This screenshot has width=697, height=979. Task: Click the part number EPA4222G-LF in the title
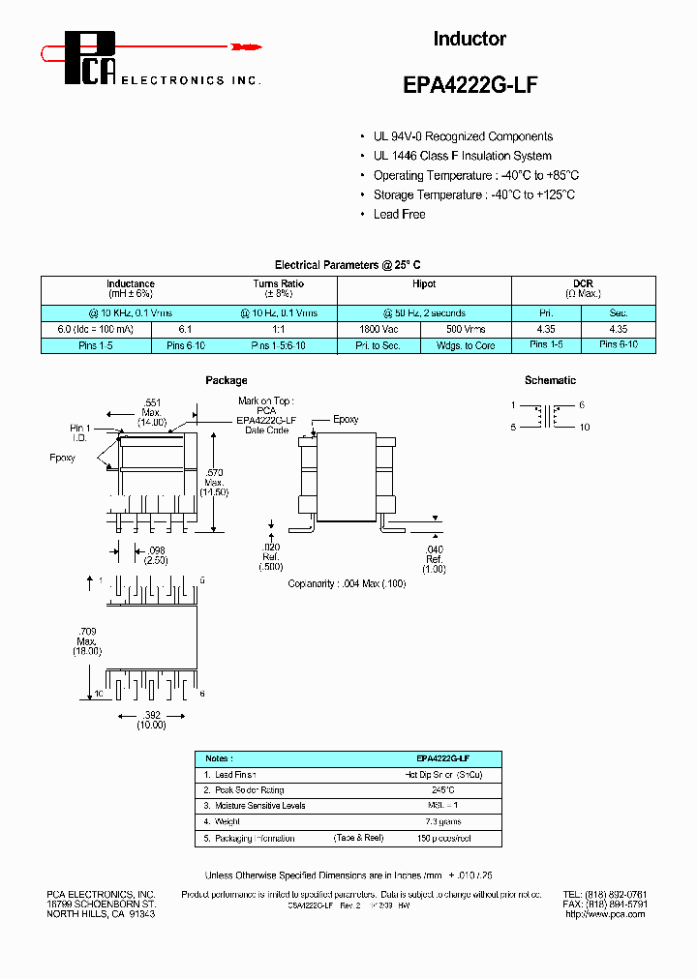click(x=469, y=84)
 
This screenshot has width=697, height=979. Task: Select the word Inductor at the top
click(x=469, y=39)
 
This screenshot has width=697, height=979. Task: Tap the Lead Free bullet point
click(x=399, y=214)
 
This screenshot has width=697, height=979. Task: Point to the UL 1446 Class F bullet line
click(x=462, y=156)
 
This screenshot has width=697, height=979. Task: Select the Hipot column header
click(x=424, y=284)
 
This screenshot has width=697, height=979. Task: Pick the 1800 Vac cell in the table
click(x=380, y=329)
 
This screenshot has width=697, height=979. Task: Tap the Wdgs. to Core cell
click(x=467, y=345)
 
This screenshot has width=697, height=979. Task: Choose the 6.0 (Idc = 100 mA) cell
click(x=88, y=329)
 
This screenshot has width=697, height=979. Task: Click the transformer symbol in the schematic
click(x=550, y=416)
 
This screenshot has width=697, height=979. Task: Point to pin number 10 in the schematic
click(x=584, y=428)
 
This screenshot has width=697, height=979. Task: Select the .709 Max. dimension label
click(x=88, y=640)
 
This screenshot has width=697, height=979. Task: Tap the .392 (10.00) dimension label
click(x=151, y=719)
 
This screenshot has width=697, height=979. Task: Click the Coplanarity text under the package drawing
click(x=347, y=584)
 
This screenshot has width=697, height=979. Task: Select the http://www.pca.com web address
click(x=604, y=913)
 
